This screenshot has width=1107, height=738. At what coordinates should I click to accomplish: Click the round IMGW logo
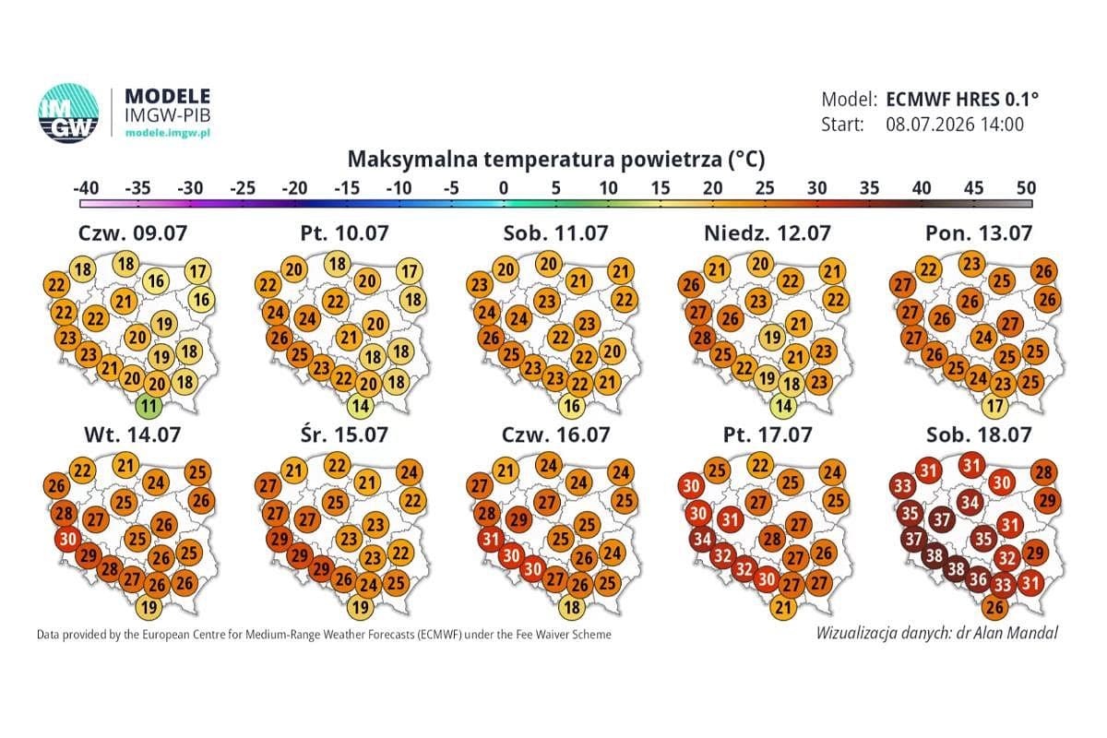tap(68, 113)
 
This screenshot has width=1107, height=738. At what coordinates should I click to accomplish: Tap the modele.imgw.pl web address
tap(168, 133)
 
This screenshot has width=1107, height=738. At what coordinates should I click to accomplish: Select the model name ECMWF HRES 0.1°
tap(961, 100)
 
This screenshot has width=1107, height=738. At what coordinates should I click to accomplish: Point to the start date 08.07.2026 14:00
tap(954, 124)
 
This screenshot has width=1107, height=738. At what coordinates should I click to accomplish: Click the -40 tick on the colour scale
tap(86, 188)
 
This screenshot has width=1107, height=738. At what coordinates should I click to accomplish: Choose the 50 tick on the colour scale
tap(1026, 188)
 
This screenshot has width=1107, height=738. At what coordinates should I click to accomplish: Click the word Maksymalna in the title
tap(413, 160)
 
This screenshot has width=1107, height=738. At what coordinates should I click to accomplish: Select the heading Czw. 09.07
tap(133, 232)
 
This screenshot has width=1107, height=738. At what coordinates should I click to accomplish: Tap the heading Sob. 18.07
tap(979, 434)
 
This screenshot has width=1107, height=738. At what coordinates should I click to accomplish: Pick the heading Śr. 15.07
tap(344, 434)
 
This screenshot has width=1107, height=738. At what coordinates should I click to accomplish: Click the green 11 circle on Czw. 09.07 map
tap(149, 406)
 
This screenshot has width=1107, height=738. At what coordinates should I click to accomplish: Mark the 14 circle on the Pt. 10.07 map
tap(361, 406)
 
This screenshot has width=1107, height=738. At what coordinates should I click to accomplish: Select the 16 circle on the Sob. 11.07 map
tap(572, 406)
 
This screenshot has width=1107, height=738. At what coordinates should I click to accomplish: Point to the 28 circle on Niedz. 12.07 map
tap(702, 339)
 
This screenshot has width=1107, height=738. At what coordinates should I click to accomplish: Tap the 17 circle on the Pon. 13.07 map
tap(994, 406)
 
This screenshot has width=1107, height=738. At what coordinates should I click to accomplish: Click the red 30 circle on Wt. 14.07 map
tap(68, 539)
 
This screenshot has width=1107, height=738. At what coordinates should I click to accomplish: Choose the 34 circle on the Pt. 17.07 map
tap(702, 539)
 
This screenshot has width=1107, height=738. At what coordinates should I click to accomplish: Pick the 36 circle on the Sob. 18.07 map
tap(978, 578)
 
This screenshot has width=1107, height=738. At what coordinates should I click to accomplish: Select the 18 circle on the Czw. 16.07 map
tap(572, 607)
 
